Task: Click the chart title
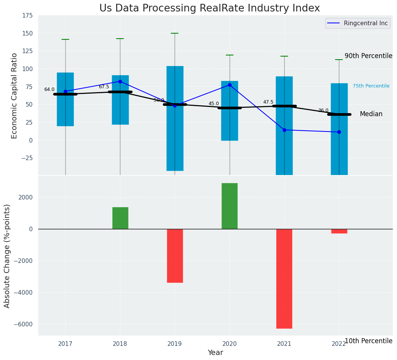[x=209, y=8]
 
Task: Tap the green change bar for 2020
[x=230, y=206]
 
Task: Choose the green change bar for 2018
[x=120, y=218]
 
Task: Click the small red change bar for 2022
[x=339, y=231]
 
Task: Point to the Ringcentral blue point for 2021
[x=284, y=130]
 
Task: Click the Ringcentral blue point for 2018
[x=120, y=81]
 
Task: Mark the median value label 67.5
[x=104, y=87]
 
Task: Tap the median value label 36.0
[x=323, y=110]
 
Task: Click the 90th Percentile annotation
[x=368, y=56]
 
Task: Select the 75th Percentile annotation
[x=371, y=86]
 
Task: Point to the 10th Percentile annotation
[x=368, y=341]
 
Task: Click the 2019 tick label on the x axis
[x=175, y=344]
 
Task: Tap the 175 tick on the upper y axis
[x=28, y=16]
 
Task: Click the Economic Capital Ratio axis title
[x=15, y=96]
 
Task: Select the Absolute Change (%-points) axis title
[x=7, y=256]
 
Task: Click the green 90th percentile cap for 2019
[x=175, y=34]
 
